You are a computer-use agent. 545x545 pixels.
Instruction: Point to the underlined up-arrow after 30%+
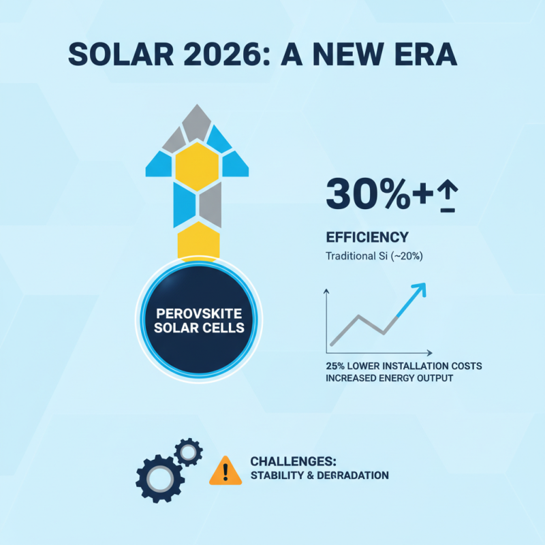tap(448, 198)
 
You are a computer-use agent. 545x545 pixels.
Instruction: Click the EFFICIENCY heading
tap(367, 238)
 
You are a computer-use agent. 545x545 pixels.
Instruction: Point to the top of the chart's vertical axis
tap(326, 291)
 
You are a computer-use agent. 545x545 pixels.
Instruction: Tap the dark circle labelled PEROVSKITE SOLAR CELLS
tap(199, 320)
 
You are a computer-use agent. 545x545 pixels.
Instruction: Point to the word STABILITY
tap(275, 476)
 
